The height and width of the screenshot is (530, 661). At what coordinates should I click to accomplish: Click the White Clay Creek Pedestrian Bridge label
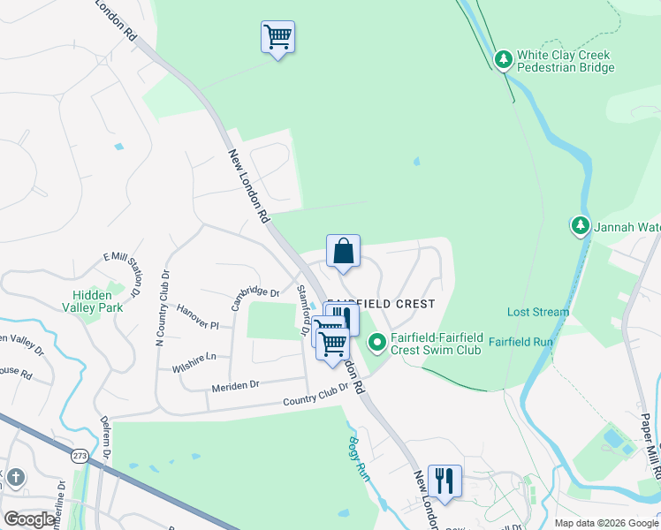click(564, 61)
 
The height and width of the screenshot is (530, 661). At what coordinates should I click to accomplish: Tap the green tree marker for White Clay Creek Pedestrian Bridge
click(503, 60)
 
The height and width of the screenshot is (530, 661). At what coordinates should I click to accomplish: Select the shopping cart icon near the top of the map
click(277, 38)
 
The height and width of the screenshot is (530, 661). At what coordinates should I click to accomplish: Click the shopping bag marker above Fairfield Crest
click(343, 252)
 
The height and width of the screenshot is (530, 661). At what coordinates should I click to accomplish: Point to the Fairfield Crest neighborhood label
click(381, 304)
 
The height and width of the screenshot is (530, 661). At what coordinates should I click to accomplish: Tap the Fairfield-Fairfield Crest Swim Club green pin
click(377, 341)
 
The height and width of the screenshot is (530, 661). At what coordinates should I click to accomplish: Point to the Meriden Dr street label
click(235, 386)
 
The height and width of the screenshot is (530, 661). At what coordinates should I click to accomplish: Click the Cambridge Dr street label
click(255, 298)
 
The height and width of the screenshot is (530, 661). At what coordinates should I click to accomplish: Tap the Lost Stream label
click(538, 312)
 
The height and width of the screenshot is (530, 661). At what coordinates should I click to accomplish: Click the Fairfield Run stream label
click(520, 341)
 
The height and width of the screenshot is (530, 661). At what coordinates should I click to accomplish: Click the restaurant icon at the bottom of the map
click(444, 481)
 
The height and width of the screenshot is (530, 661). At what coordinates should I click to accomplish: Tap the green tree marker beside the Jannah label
click(580, 226)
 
